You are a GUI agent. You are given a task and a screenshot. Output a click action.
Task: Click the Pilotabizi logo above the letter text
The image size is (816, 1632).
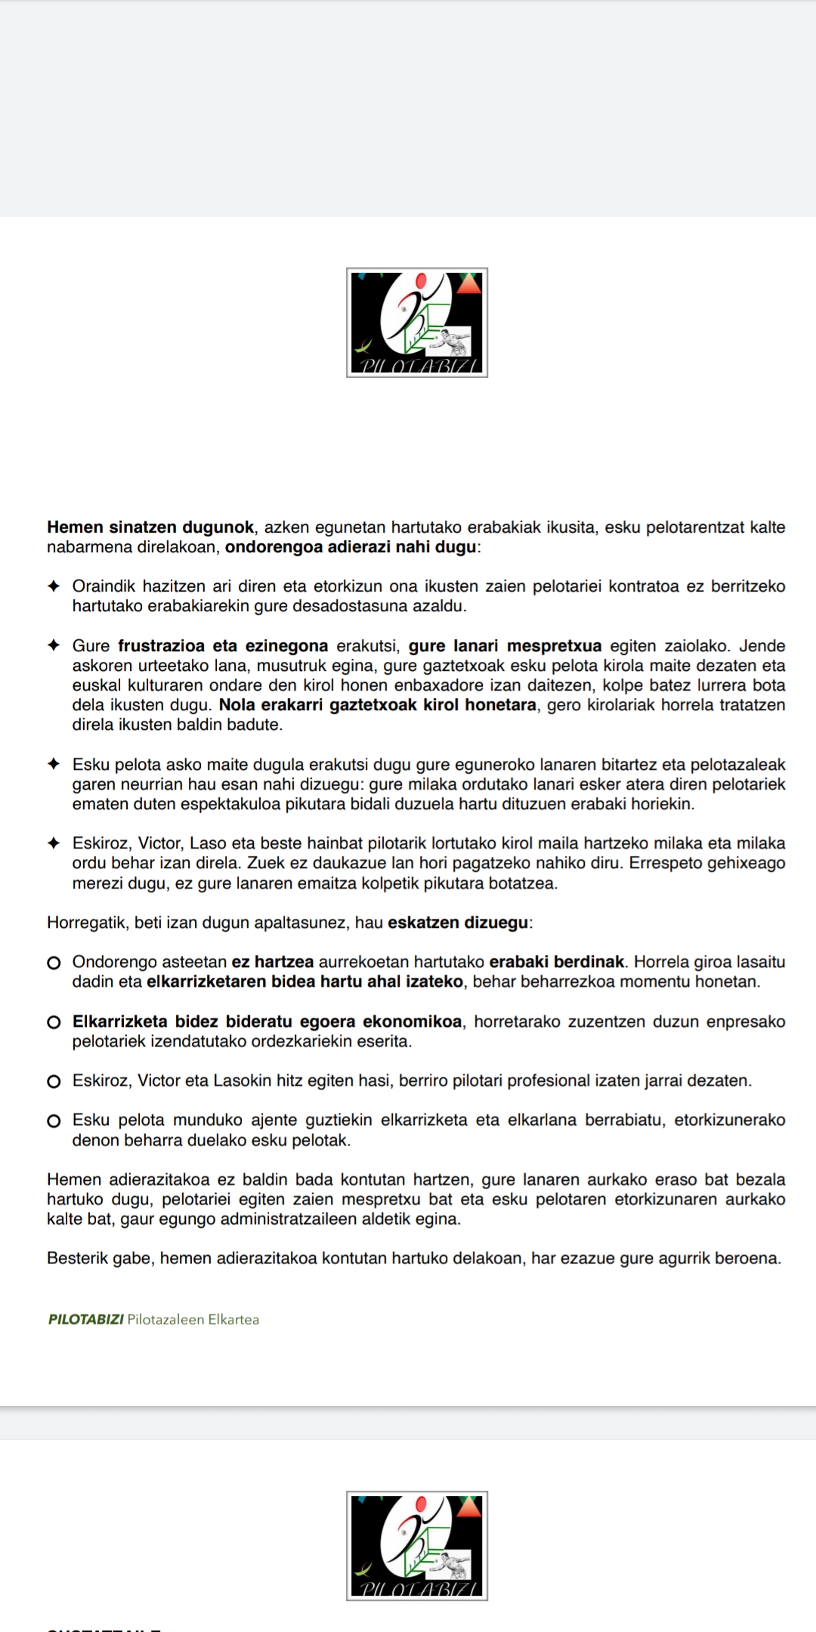coord(417,323)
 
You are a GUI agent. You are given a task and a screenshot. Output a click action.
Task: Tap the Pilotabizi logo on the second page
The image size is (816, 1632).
coord(417,1545)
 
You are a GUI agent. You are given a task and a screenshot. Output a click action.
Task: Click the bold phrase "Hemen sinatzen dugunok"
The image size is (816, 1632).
coord(150,527)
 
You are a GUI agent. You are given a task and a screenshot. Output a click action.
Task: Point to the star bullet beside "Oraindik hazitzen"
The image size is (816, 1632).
coord(54,586)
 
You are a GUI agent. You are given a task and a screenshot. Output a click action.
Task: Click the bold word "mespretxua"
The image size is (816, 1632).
coord(554,646)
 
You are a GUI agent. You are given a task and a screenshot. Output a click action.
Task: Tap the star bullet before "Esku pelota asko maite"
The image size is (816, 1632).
coord(54,765)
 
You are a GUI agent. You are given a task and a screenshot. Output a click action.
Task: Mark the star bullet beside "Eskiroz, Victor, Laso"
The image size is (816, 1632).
coord(54,843)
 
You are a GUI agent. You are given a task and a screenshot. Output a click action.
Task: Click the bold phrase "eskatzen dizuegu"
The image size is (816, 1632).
coord(458,923)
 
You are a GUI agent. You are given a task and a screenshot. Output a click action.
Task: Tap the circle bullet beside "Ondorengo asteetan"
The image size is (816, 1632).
coord(54,963)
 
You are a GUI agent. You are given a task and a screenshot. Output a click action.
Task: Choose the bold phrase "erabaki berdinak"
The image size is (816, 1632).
coord(557,962)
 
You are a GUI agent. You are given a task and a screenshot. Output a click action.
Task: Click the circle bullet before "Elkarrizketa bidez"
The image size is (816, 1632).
coord(54,1022)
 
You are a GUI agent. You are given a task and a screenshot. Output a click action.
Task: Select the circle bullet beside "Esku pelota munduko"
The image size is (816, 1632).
coord(54,1120)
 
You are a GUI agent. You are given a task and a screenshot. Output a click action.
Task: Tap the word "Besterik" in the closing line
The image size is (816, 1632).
coord(77,1258)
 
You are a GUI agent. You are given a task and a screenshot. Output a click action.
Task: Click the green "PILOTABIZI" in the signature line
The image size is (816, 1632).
coord(85,1319)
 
